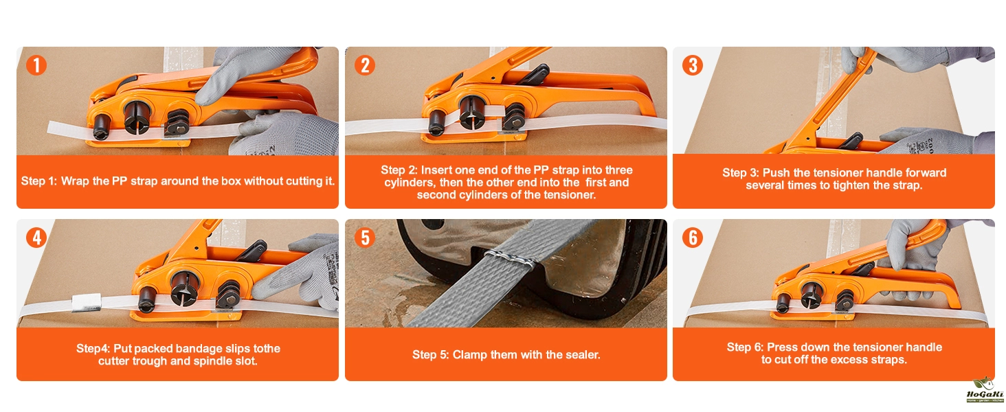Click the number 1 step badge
click(x=36, y=65)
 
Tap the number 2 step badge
click(x=365, y=65)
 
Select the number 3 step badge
click(x=693, y=65)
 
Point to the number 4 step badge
click(x=36, y=238)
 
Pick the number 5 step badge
click(x=365, y=238)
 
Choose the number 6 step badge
click(x=693, y=238)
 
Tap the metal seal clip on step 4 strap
click(x=86, y=303)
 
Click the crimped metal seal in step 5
click(x=510, y=260)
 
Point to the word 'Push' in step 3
click(x=776, y=173)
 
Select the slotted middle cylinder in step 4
click(x=184, y=288)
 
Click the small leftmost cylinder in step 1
click(x=100, y=127)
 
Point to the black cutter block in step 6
click(x=844, y=301)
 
